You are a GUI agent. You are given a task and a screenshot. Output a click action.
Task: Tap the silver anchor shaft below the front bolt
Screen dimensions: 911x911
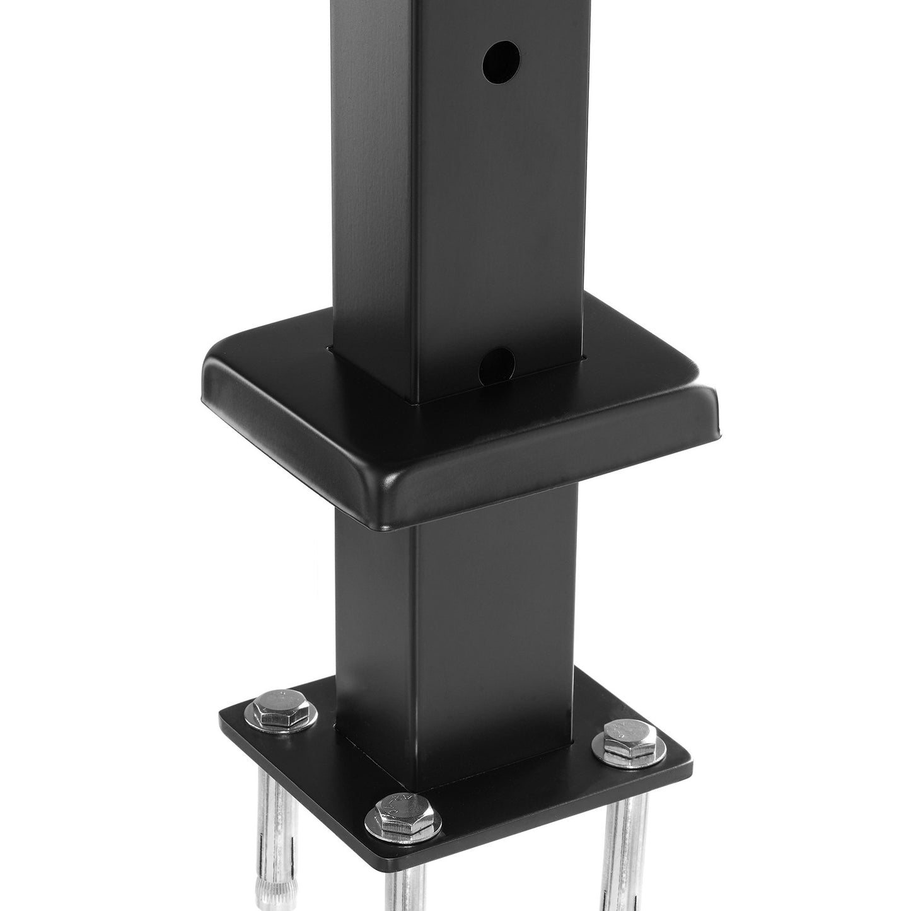tap(403, 883)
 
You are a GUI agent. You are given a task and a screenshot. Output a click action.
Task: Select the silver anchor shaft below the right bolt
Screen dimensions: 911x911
tap(621, 838)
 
